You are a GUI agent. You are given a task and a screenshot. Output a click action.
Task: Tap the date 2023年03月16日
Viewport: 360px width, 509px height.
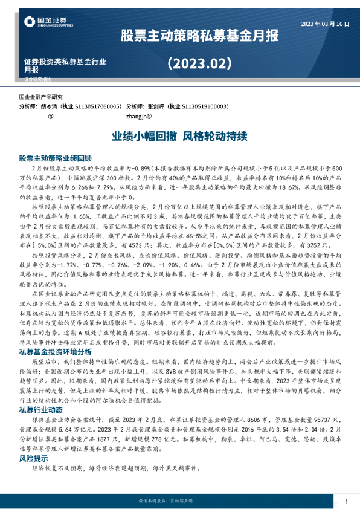pyautogui.click(x=325, y=24)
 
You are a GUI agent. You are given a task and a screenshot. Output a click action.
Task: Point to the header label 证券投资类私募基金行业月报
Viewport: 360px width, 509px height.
pyautogui.click(x=65, y=65)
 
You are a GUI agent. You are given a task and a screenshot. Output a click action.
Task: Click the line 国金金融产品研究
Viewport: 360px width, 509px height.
pyautogui.click(x=41, y=97)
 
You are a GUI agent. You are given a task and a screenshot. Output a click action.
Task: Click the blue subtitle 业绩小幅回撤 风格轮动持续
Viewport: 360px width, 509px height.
pyautogui.click(x=180, y=137)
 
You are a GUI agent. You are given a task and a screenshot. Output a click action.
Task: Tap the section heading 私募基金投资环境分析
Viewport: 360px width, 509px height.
pyautogui.click(x=56, y=351)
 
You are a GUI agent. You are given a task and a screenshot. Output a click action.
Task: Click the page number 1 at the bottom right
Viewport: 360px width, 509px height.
pyautogui.click(x=346, y=502)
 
